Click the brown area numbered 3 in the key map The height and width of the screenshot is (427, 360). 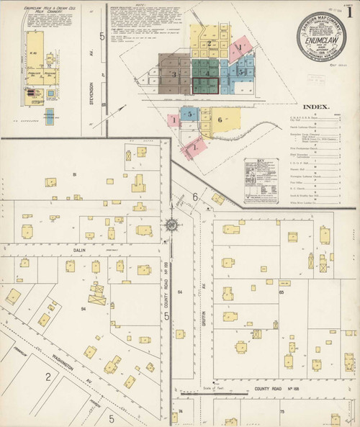pos(174,73)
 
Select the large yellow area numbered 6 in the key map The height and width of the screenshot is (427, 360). pos(220,120)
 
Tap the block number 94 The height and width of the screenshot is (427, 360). pos(84,308)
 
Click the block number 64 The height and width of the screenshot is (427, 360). pos(180,292)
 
